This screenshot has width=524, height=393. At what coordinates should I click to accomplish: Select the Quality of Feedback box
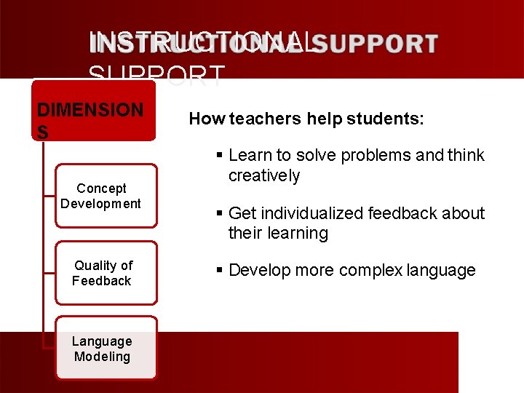click(106, 273)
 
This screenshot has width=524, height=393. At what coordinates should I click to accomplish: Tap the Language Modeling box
click(106, 349)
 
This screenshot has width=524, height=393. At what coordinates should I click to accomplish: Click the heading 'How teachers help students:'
click(306, 119)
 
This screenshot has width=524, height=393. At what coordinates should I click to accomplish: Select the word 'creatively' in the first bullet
click(264, 175)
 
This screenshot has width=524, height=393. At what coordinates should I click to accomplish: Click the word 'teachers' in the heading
click(251, 119)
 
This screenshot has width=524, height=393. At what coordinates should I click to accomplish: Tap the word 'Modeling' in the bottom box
click(102, 357)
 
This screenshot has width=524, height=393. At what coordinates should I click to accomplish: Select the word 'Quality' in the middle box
click(95, 266)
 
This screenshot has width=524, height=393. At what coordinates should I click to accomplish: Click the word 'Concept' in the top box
click(101, 188)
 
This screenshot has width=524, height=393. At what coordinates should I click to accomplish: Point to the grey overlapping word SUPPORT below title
click(156, 74)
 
